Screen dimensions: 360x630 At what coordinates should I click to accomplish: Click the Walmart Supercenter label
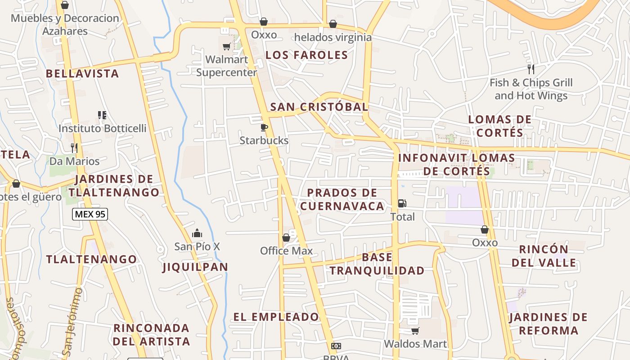pyautogui.click(x=226, y=66)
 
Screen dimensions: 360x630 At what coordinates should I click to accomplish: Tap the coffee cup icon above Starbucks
pyautogui.click(x=264, y=127)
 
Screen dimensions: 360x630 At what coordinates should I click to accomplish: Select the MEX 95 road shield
pyautogui.click(x=90, y=214)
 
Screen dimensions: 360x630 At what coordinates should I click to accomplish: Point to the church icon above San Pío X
pyautogui.click(x=197, y=233)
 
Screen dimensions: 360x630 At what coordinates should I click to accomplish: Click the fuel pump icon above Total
pyautogui.click(x=402, y=203)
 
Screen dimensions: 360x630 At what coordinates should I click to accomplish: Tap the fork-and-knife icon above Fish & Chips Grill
pyautogui.click(x=531, y=69)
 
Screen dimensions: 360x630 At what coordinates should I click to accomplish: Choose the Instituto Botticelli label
pyautogui.click(x=103, y=128)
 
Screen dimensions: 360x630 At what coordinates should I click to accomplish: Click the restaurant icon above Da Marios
pyautogui.click(x=74, y=148)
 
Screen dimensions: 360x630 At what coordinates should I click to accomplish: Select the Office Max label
pyautogui.click(x=286, y=251)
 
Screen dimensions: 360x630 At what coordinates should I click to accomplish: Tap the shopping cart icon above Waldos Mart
pyautogui.click(x=415, y=331)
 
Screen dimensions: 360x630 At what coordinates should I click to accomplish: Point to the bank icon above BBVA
pyautogui.click(x=336, y=346)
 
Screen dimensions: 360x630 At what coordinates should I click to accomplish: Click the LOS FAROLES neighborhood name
pyautogui.click(x=306, y=55)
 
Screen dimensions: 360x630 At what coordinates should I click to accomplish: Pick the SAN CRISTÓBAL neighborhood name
pyautogui.click(x=319, y=107)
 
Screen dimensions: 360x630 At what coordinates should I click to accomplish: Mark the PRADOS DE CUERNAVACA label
pyautogui.click(x=342, y=199)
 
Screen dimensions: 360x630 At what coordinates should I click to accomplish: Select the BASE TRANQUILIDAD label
pyautogui.click(x=377, y=264)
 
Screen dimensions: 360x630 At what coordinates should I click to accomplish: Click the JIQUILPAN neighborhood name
pyautogui.click(x=195, y=267)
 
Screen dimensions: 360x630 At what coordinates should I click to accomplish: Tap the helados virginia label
pyautogui.click(x=333, y=37)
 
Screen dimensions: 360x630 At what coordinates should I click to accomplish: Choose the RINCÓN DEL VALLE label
pyautogui.click(x=544, y=256)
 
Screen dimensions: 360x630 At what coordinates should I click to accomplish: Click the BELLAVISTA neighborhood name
pyautogui.click(x=82, y=73)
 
